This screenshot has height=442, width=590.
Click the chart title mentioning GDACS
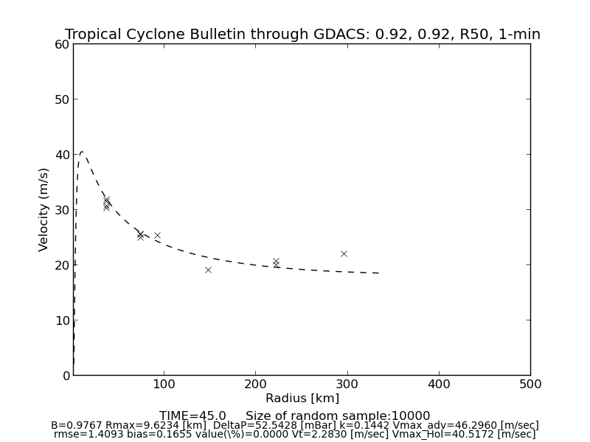pos(302,35)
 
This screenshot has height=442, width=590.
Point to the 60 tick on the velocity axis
pos(62,44)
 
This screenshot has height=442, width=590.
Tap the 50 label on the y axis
pos(62,99)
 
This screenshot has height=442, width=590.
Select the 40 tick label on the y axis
pos(62,155)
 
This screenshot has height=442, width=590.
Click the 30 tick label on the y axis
pos(62,210)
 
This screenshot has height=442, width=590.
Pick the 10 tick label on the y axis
pos(62,320)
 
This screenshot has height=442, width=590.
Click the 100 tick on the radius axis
pos(164,384)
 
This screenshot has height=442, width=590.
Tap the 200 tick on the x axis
pos(255,384)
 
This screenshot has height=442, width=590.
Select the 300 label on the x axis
pos(347,384)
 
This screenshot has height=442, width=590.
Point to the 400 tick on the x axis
pos(439,384)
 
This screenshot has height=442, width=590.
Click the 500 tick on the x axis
pos(530,384)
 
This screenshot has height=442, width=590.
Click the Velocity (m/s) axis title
pos(44,209)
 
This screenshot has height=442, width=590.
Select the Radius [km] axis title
pos(302,399)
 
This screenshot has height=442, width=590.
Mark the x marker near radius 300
pos(344,253)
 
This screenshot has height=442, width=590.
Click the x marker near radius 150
pos(208,270)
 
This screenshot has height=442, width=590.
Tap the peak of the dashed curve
pos(82,152)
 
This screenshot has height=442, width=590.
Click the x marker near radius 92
pos(157,235)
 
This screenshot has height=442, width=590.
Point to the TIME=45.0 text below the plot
pos(192,416)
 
